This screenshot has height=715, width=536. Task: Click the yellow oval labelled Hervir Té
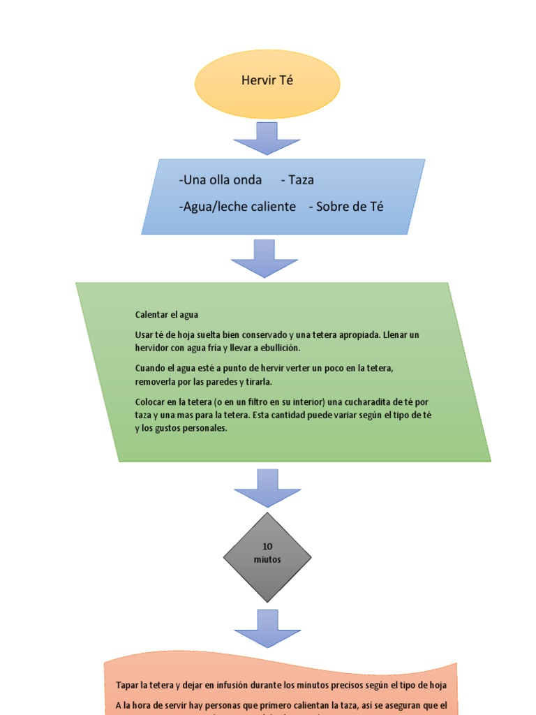tap(267, 84)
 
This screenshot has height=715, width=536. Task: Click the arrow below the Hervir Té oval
tap(267, 139)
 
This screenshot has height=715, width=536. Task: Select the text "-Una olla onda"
tap(221, 180)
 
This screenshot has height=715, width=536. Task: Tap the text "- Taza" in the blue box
tap(297, 180)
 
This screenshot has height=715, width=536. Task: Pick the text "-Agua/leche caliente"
tap(237, 207)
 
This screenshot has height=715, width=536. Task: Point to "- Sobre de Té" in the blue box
tap(346, 207)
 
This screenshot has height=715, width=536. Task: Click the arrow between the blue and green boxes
tap(265, 259)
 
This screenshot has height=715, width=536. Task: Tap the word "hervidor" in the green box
tap(154, 348)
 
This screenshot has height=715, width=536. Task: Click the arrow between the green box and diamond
tap(267, 487)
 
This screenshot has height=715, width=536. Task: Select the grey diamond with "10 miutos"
tap(267, 557)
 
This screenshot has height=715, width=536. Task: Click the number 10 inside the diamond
tap(267, 547)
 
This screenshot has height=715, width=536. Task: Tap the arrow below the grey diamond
tap(267, 628)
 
